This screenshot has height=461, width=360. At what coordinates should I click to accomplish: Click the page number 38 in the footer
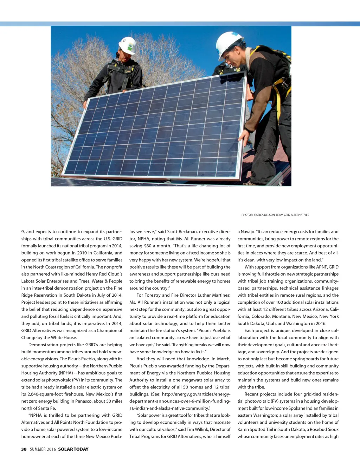coord(24,449)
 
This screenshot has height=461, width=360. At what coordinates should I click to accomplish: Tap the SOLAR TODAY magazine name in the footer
coord(73,449)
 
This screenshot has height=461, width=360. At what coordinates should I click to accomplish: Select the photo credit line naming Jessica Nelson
coord(275,215)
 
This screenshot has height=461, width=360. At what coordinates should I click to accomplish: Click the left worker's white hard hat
coord(127,45)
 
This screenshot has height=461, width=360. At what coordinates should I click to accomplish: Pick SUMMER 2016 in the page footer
coord(43,449)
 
